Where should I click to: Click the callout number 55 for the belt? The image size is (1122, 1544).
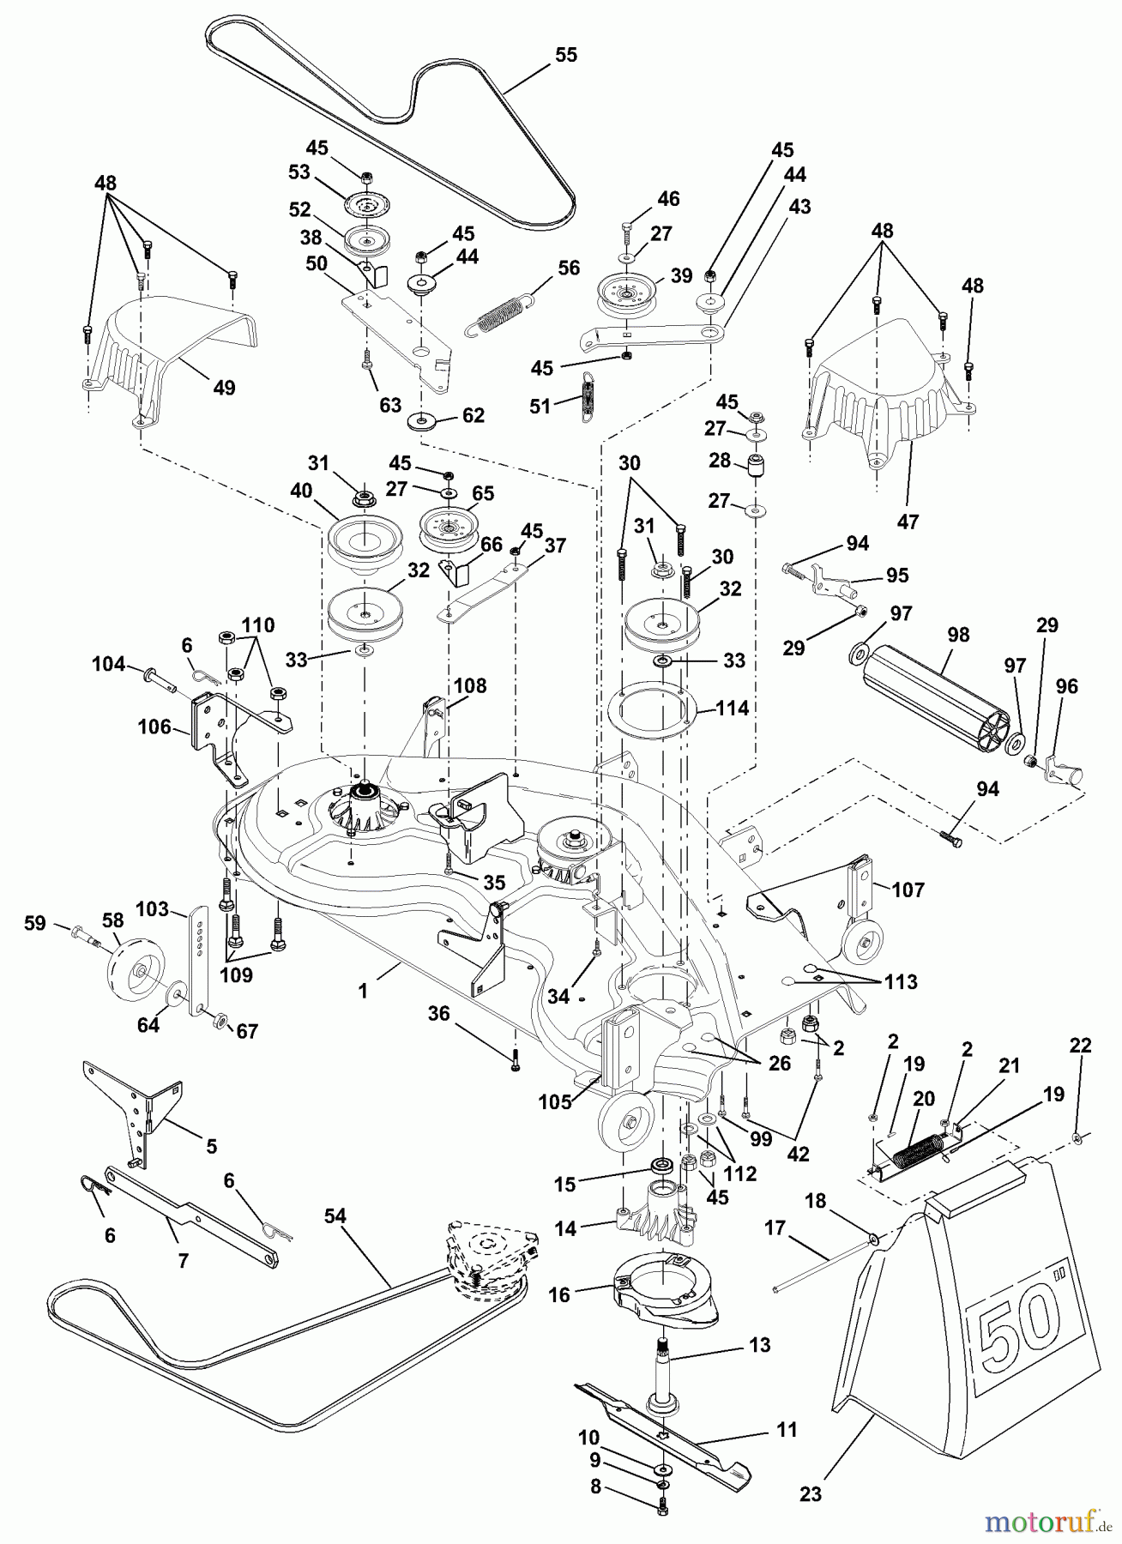pos(566,55)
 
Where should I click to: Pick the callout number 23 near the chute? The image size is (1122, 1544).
pos(811,1494)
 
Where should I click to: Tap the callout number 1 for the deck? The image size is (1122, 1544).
pos(363,991)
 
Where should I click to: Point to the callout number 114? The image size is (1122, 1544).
pos(733,709)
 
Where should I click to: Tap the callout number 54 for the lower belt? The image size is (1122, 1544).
pos(335,1215)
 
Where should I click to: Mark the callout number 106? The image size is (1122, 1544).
pos(154,728)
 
